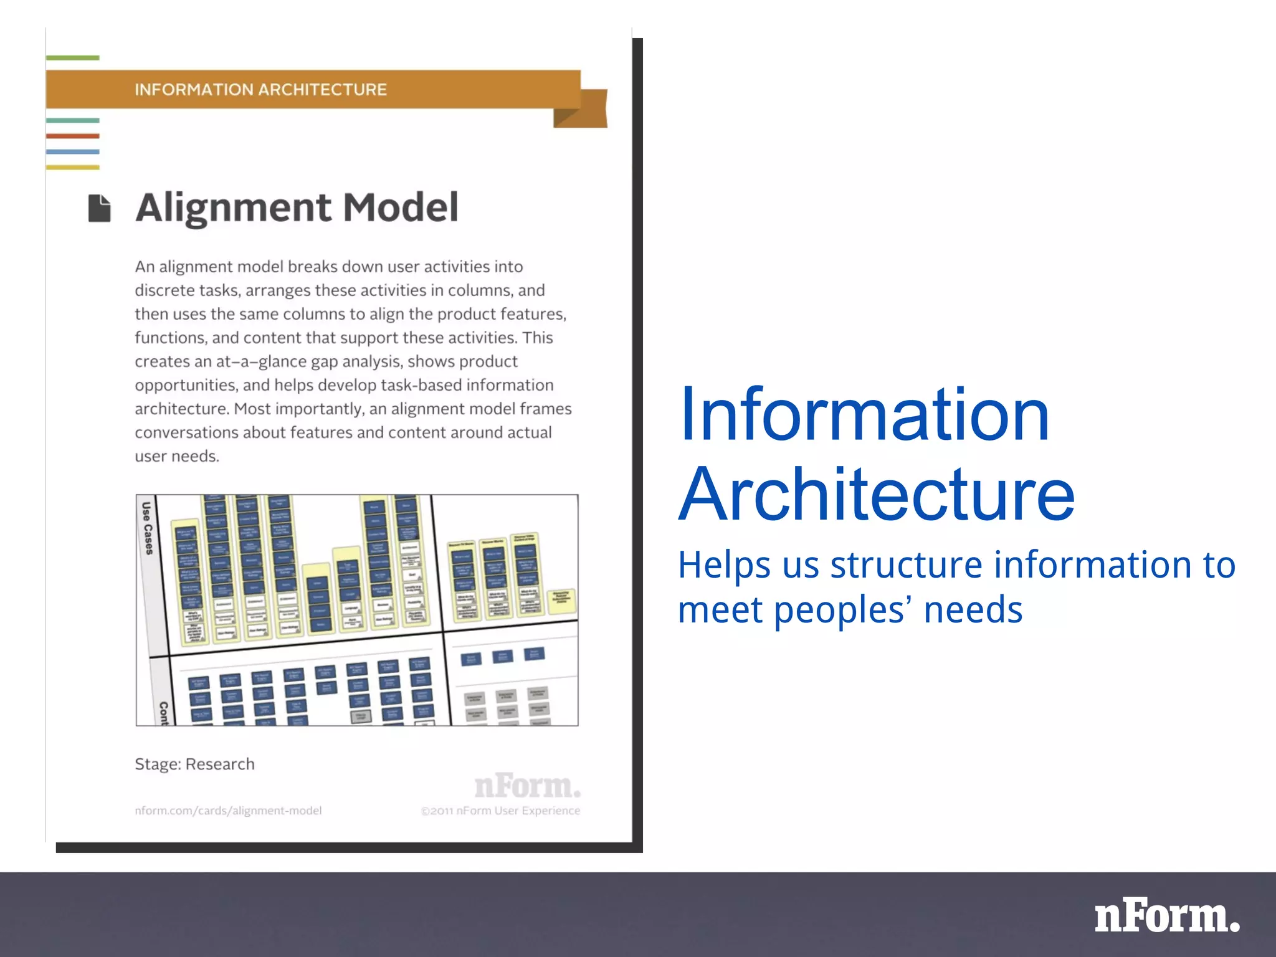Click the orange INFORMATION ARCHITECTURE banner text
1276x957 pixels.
(x=260, y=90)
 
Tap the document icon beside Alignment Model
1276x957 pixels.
(x=99, y=208)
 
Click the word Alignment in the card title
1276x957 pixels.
(x=234, y=208)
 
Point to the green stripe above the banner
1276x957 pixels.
(x=72, y=58)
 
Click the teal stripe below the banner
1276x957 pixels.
(x=72, y=120)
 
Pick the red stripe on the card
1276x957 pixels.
(x=72, y=136)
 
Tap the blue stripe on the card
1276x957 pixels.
(x=72, y=151)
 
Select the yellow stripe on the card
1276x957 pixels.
(x=72, y=167)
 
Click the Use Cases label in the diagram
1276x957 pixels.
(x=147, y=528)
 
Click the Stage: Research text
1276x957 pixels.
(x=194, y=764)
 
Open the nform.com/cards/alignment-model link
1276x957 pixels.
(x=228, y=811)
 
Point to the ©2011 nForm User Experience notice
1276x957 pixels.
(x=500, y=811)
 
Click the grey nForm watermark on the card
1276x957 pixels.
(x=527, y=786)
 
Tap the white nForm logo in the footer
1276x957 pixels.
(x=1166, y=917)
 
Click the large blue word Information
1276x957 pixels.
(x=864, y=415)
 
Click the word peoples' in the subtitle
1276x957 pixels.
(x=842, y=609)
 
